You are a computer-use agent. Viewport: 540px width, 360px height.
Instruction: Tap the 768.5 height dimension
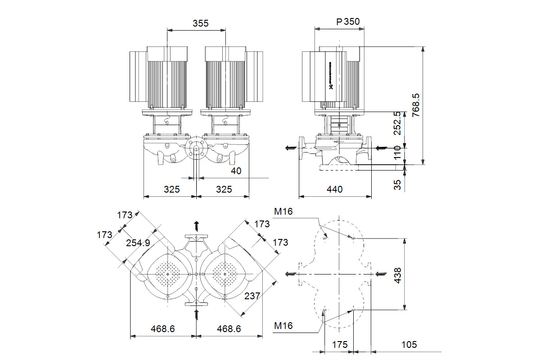point(416,105)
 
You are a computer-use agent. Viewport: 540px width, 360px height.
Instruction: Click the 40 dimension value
point(236,171)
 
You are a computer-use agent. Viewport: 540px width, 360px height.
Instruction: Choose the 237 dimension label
point(252,296)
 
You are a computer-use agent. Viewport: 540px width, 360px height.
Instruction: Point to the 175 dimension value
point(340,345)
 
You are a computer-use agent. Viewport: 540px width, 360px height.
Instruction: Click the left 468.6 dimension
point(163,329)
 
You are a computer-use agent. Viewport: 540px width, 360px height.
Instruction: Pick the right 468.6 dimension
point(229,329)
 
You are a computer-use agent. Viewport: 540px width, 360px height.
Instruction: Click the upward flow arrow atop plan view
point(196,225)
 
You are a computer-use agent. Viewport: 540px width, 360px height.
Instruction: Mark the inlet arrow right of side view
point(381,147)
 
